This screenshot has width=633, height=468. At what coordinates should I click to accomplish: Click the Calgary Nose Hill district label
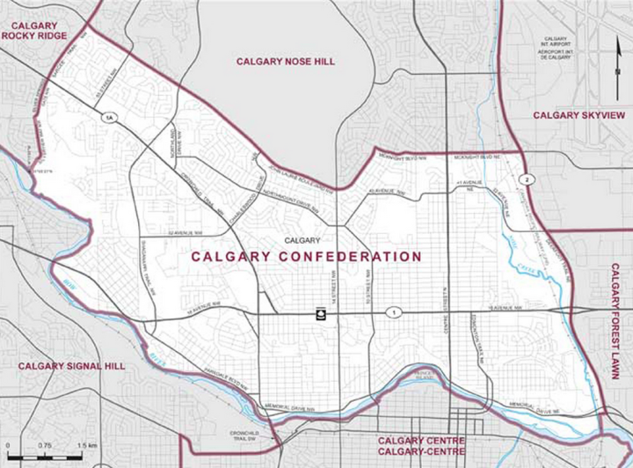pos(286,62)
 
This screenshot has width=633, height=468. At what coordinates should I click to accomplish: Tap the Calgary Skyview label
pos(578,116)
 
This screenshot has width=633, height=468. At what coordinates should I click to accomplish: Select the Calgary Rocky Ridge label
pos(34,30)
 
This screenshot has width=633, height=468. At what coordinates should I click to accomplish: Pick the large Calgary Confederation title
pos(306,257)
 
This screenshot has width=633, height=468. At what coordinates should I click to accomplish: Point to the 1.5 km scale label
pos(86,446)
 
